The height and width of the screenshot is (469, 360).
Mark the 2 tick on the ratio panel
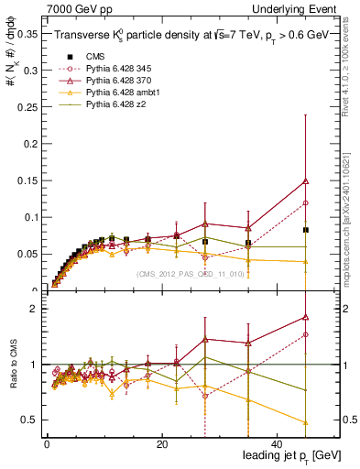pos(33,310)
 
